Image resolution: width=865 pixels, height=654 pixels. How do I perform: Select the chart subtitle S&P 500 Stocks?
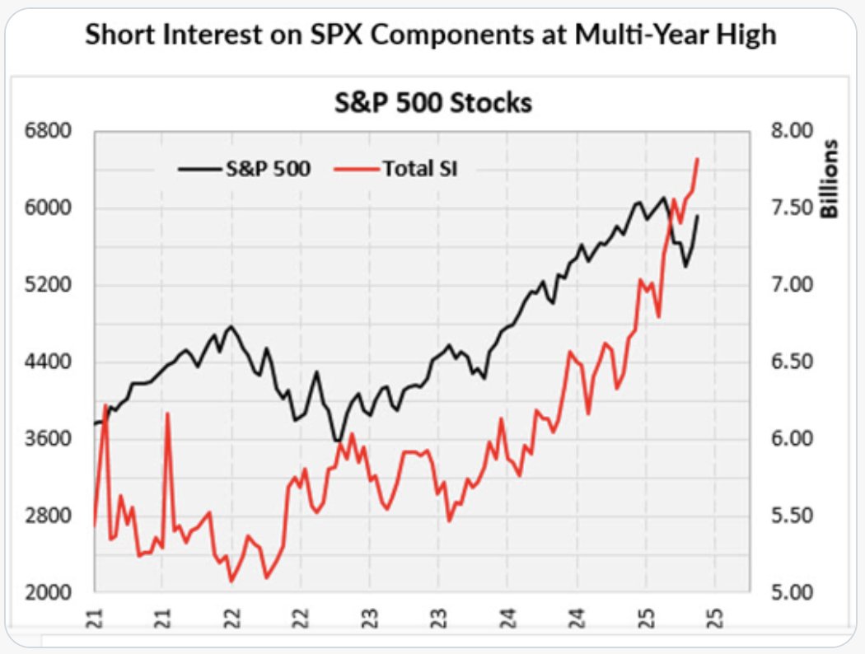click(x=432, y=104)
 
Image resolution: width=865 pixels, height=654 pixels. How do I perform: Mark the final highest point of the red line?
click(x=698, y=159)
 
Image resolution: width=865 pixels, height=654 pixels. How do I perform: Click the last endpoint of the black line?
click(x=699, y=216)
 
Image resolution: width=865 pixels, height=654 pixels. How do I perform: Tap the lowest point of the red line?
click(x=231, y=582)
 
